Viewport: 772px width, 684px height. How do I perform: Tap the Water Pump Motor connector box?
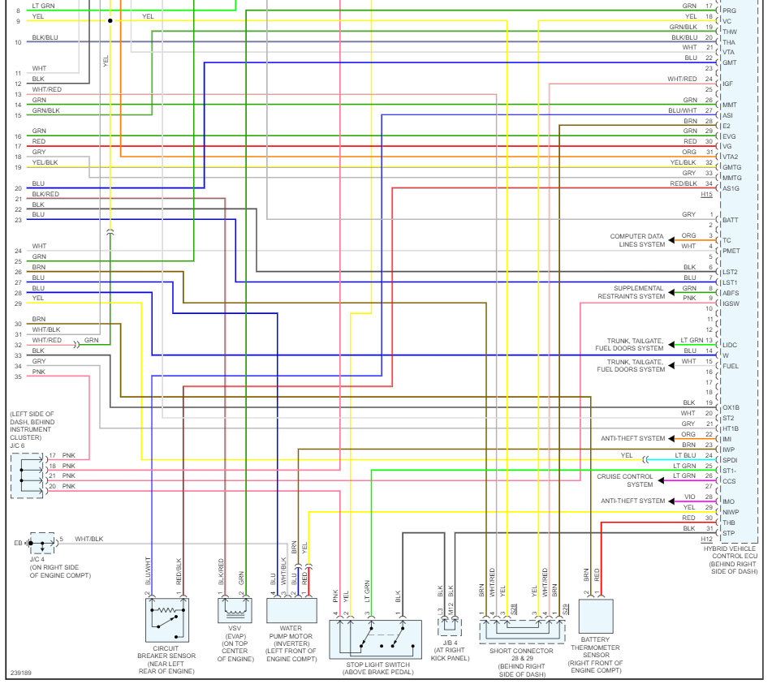pyautogui.click(x=291, y=611)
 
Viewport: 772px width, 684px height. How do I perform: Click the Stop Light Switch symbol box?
pyautogui.click(x=376, y=639)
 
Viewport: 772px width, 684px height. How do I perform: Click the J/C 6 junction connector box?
pyautogui.click(x=28, y=475)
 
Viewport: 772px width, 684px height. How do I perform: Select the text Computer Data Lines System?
pyautogui.click(x=637, y=240)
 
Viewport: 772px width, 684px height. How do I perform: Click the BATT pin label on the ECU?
pyautogui.click(x=731, y=220)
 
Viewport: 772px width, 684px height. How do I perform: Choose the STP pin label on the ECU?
pyautogui.click(x=728, y=533)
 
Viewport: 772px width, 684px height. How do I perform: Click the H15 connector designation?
pyautogui.click(x=706, y=195)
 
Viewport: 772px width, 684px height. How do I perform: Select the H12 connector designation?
pyautogui.click(x=706, y=540)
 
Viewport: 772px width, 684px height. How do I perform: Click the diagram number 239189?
pyautogui.click(x=23, y=673)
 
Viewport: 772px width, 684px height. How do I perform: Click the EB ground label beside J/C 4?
pyautogui.click(x=19, y=542)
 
